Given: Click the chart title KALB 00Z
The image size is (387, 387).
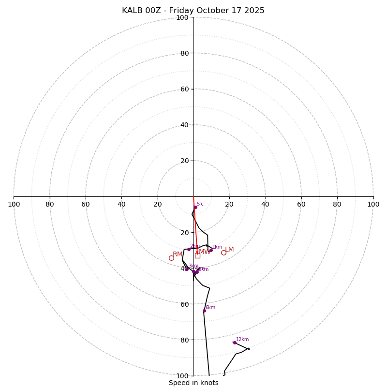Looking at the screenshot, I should (x=193, y=11).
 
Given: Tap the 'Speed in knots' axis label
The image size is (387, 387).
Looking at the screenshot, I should (x=193, y=383).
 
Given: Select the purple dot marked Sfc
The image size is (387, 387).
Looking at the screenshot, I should (x=195, y=207).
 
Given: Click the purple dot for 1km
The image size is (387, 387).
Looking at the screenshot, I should (x=211, y=250).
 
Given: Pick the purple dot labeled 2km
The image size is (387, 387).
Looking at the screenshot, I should (x=189, y=249).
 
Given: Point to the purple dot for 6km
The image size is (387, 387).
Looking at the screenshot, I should (x=204, y=311).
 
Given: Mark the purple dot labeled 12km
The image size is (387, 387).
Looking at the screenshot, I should (x=235, y=342).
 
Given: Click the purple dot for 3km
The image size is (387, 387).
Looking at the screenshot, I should (x=187, y=269).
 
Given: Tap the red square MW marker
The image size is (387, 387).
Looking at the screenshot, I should (x=197, y=255).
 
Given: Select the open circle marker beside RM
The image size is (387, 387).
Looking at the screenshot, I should (x=171, y=258).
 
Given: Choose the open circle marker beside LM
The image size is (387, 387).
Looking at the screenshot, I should (x=223, y=253).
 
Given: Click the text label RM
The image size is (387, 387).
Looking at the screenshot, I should (x=178, y=254).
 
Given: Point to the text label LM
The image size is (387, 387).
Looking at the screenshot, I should (x=229, y=250).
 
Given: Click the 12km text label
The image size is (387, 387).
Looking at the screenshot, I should (x=242, y=340).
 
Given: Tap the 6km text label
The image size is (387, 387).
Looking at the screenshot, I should (x=210, y=308).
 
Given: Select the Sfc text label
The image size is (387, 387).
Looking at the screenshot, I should (x=200, y=204).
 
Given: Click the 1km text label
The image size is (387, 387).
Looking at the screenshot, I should (x=217, y=247).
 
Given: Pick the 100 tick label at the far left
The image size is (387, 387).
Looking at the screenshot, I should (x=14, y=204).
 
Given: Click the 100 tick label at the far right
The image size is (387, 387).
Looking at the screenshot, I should (x=373, y=204).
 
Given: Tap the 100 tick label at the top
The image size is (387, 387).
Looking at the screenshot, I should (x=182, y=17).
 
